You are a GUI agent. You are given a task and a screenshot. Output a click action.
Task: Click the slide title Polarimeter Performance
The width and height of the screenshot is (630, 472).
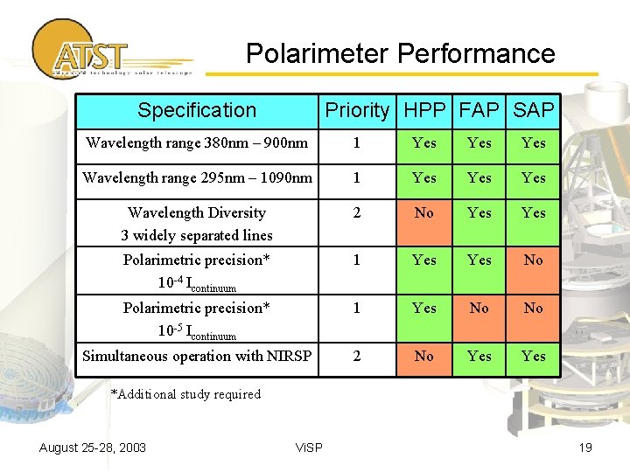tap(400, 54)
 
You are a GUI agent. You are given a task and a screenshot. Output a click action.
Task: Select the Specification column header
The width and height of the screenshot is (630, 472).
tap(197, 110)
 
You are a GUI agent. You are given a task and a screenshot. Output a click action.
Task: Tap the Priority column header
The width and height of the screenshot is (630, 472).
tap(357, 110)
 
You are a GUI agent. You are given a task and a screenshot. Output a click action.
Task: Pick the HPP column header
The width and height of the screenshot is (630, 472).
tap(424, 110)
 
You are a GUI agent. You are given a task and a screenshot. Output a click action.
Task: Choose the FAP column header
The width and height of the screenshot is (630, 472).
tap(479, 110)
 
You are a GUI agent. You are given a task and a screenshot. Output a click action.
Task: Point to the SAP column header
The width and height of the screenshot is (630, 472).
tap(533, 110)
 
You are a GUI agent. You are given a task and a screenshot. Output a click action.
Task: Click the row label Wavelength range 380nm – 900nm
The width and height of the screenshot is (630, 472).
tap(196, 143)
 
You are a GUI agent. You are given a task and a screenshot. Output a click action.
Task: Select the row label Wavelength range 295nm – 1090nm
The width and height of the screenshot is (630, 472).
tap(197, 178)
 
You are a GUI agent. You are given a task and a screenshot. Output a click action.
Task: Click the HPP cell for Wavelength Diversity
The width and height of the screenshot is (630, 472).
tap(424, 213)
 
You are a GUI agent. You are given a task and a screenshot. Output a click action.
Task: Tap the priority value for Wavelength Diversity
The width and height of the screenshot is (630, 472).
tap(357, 213)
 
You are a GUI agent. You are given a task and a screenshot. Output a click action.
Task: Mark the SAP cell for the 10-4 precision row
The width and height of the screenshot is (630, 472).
tap(533, 260)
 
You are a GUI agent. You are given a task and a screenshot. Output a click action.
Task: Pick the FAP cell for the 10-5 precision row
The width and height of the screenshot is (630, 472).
tap(479, 309)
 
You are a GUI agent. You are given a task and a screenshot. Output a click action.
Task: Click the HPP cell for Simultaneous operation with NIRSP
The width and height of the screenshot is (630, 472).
tap(424, 357)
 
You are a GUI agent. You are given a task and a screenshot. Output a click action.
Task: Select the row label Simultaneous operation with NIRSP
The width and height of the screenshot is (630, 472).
tap(197, 357)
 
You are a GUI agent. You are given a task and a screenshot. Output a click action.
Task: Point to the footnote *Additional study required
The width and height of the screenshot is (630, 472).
tap(185, 394)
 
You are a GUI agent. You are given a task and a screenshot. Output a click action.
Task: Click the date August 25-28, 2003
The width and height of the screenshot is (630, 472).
tap(93, 448)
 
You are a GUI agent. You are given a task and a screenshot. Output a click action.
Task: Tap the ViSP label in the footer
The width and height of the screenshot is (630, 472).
tap(309, 448)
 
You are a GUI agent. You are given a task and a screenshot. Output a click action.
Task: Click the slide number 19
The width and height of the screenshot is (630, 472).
tap(585, 448)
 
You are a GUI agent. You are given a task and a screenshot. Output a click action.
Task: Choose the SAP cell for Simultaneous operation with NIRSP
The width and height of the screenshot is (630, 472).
tap(533, 357)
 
